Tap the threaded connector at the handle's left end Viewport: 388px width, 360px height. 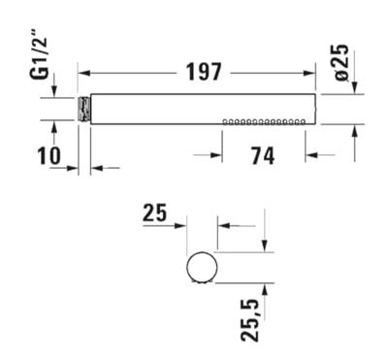pos(83,109)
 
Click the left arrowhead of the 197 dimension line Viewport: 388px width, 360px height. pos(83,73)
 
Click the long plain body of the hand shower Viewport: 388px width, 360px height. pos(155,109)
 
